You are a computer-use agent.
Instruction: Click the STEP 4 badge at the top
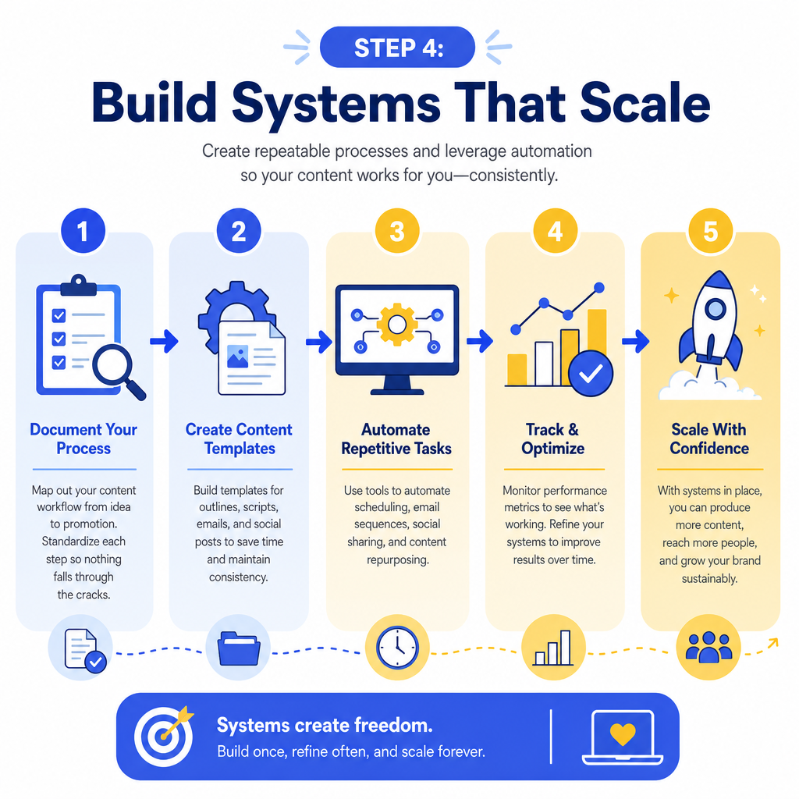point(397,48)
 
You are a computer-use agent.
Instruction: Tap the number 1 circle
point(83,231)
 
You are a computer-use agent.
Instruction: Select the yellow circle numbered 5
point(710,231)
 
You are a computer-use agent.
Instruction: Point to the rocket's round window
point(716,308)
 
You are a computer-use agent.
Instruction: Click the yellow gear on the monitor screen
point(397,324)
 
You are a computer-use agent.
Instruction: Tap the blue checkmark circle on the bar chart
point(591,374)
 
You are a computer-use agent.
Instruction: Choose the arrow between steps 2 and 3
point(319,342)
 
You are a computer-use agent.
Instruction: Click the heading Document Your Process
point(83,439)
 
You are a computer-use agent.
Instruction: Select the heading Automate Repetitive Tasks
point(396,439)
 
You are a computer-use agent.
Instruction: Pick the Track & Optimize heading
point(553,439)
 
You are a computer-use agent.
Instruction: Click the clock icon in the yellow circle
point(397,647)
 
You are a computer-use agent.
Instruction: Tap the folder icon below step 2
point(239,648)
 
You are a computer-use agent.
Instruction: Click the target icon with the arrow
point(164,735)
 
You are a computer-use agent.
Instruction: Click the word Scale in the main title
point(645,103)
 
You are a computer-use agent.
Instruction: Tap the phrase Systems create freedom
point(325,725)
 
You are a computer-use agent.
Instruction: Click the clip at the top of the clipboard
point(79,286)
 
